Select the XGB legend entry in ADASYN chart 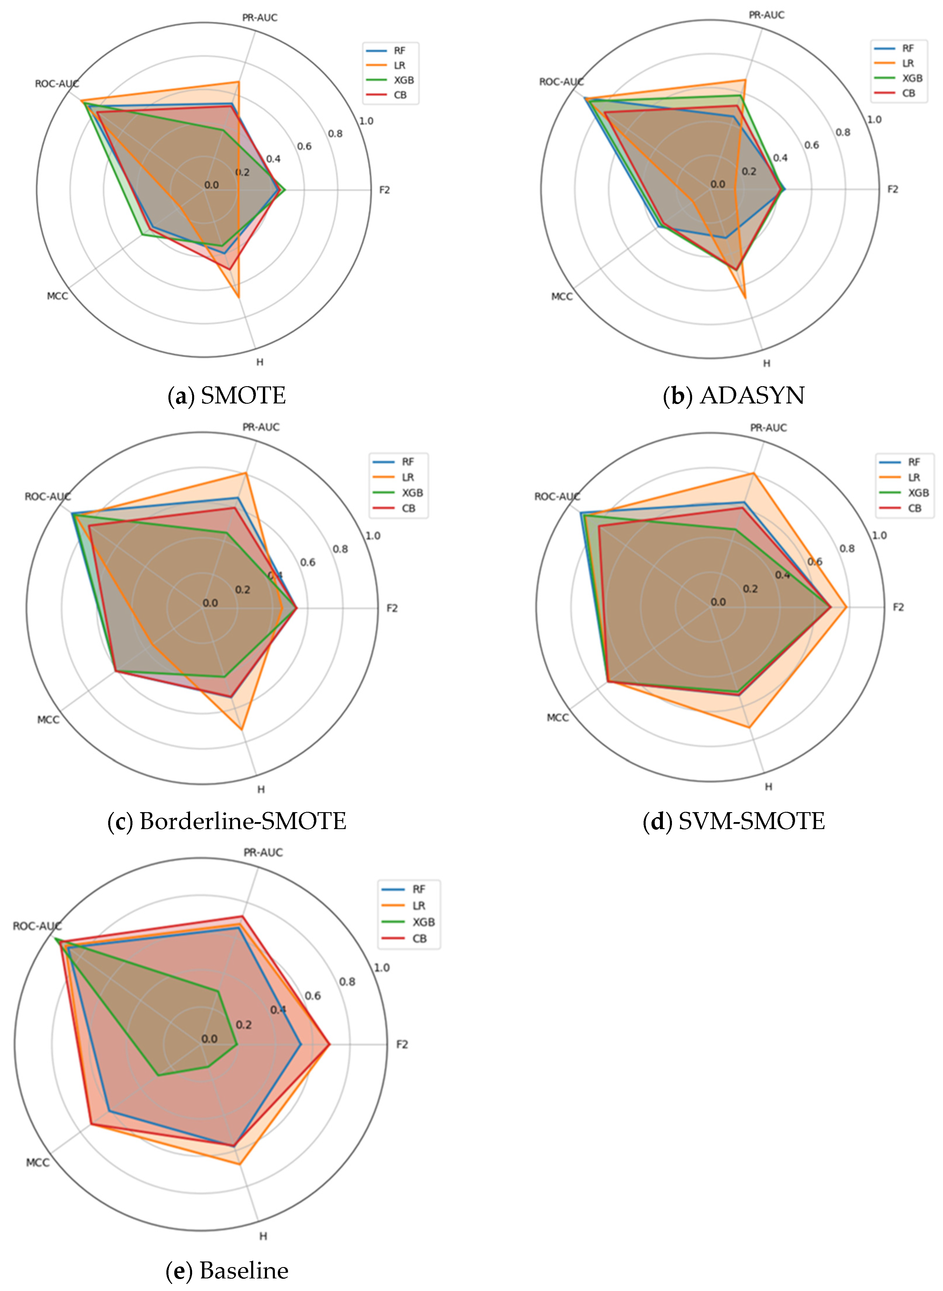click(912, 78)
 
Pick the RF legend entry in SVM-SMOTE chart click(914, 462)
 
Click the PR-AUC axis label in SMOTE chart click(260, 18)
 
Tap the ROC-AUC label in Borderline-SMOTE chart click(47, 496)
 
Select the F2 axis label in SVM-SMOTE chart click(898, 607)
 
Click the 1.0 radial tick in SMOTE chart click(366, 121)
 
